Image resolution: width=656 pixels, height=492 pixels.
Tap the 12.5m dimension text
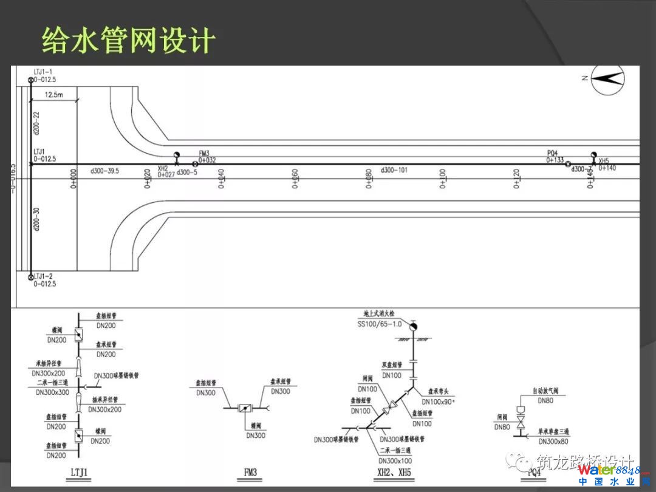[x=53, y=95]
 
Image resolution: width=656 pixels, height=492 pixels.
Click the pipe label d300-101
[x=394, y=171]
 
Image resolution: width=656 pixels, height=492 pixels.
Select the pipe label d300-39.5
[x=104, y=171]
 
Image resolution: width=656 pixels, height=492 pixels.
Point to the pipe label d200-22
[x=36, y=123]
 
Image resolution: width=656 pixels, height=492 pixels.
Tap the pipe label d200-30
[x=36, y=219]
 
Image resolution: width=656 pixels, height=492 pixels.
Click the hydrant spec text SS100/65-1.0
[x=379, y=324]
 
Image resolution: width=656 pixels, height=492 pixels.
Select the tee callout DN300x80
[x=553, y=442]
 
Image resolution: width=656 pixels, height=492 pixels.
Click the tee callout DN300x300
[x=52, y=392]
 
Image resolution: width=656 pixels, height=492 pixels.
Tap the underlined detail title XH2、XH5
[x=394, y=472]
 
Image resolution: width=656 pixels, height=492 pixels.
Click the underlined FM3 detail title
[x=250, y=472]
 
